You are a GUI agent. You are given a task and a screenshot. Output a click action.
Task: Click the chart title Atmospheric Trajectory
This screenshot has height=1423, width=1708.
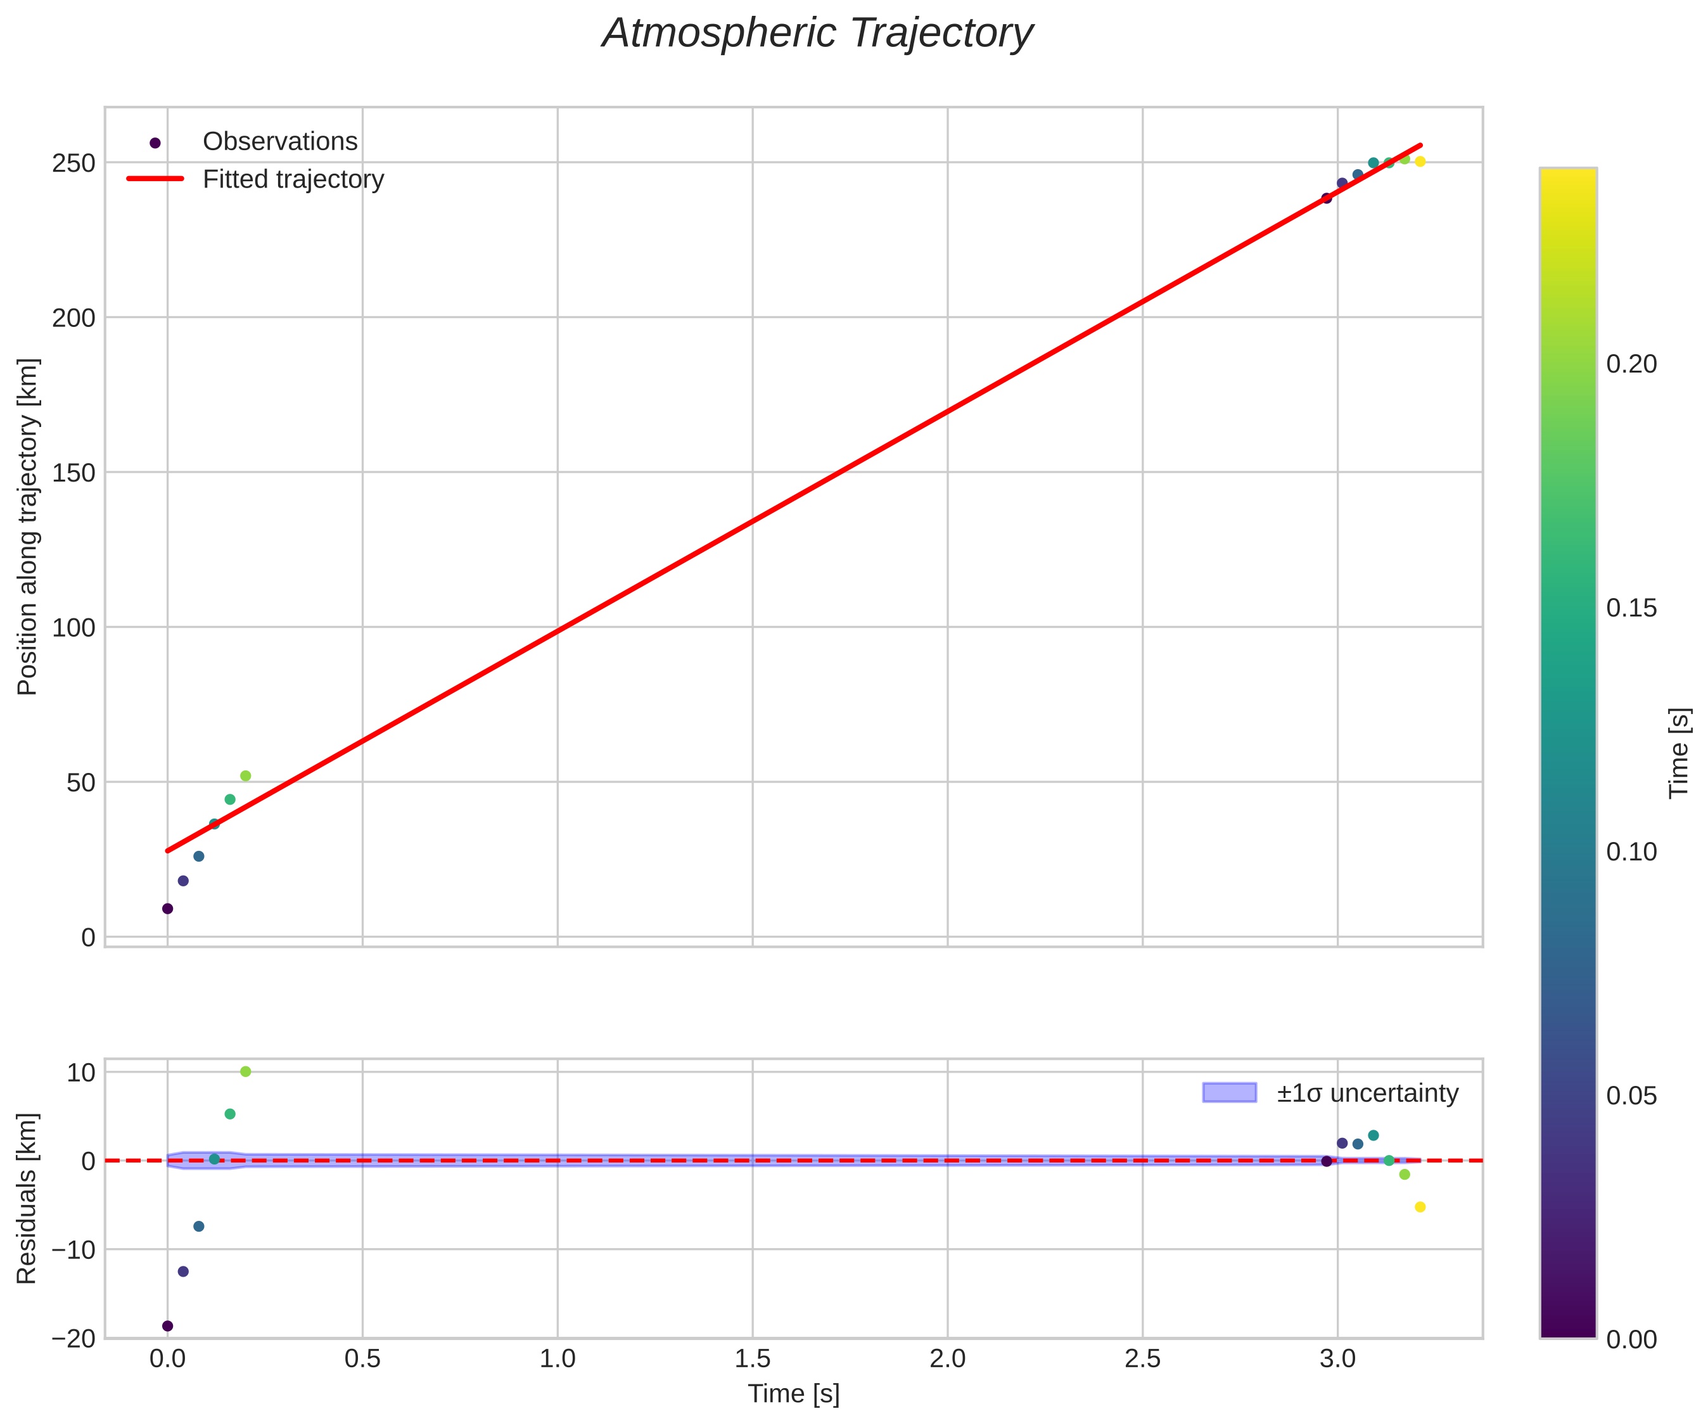(817, 34)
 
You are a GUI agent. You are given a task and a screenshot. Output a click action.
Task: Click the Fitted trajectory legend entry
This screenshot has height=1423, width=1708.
(293, 179)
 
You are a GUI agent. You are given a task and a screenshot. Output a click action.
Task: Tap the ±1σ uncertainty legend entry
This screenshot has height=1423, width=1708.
(1367, 1093)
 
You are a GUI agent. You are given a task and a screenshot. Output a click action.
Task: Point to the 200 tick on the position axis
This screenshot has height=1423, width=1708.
(74, 318)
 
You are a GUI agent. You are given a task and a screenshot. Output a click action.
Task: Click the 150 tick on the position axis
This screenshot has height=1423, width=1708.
(74, 473)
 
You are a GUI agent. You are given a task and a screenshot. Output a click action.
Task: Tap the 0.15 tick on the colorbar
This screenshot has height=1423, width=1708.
(1631, 609)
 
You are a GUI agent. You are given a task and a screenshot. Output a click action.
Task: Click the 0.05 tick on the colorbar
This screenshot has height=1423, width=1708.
(1631, 1096)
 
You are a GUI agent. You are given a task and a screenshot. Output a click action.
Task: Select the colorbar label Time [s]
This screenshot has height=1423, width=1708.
(1679, 753)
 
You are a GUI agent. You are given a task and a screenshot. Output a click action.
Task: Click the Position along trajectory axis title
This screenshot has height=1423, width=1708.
(28, 526)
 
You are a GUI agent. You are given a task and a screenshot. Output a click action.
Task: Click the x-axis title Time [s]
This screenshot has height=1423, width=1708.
(793, 1394)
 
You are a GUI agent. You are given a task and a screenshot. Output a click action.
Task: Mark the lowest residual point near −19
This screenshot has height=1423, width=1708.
(167, 1326)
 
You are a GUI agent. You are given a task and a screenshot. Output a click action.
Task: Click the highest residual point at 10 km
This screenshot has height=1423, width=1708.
(246, 1071)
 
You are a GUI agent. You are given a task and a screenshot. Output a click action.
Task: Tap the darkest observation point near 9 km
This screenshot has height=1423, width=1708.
(167, 909)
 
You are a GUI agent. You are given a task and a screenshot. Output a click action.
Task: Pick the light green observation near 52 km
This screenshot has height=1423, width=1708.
(246, 776)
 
